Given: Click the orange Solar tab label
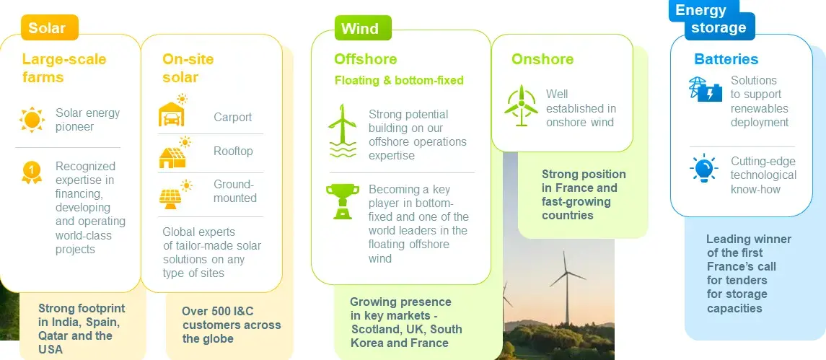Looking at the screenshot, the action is [50, 27].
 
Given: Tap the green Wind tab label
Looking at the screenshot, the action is [363, 28].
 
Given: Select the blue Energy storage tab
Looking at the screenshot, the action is [711, 19].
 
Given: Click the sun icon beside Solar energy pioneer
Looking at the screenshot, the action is [32, 120].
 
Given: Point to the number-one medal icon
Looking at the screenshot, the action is [32, 172].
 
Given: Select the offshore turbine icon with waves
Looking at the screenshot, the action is [343, 131].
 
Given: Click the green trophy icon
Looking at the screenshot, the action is [343, 201].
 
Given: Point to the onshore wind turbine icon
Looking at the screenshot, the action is [521, 106].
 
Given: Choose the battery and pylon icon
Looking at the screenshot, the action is [706, 89].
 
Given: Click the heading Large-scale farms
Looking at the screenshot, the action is [63, 68].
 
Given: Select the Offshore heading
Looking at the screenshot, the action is [366, 59].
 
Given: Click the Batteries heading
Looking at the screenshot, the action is [726, 59].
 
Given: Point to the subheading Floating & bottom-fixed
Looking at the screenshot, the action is [399, 80].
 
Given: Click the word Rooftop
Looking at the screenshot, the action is [233, 152].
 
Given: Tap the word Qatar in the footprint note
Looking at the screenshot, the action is [52, 335].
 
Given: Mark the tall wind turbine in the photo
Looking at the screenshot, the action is [566, 287].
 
